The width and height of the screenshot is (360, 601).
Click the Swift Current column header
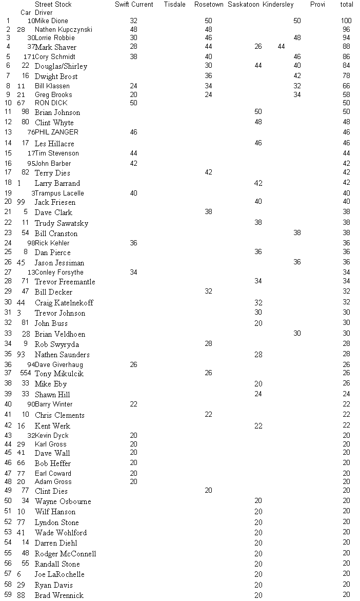134,5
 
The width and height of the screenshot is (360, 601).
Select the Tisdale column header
175,5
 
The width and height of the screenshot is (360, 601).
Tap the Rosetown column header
209,5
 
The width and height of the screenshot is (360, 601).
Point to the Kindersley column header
278,5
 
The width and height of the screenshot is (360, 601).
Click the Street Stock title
53,5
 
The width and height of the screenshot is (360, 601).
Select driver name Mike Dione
51,21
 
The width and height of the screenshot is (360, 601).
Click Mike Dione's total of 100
346,21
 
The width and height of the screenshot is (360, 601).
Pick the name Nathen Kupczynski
64,30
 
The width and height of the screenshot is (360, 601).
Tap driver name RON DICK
51,103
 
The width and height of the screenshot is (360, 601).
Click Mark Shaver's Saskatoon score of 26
258,47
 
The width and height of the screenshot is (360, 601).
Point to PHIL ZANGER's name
56,132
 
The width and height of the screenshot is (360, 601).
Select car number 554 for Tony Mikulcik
26,374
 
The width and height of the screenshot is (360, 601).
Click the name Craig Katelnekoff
64,303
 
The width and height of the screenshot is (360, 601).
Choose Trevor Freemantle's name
65,282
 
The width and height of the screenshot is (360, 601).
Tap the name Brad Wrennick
59,595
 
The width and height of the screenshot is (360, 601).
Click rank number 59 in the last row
8,595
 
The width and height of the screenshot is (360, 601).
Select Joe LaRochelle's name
59,574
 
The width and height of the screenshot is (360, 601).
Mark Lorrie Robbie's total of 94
346,38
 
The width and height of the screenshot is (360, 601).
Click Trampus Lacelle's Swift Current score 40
133,193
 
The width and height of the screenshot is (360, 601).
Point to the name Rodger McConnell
65,554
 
